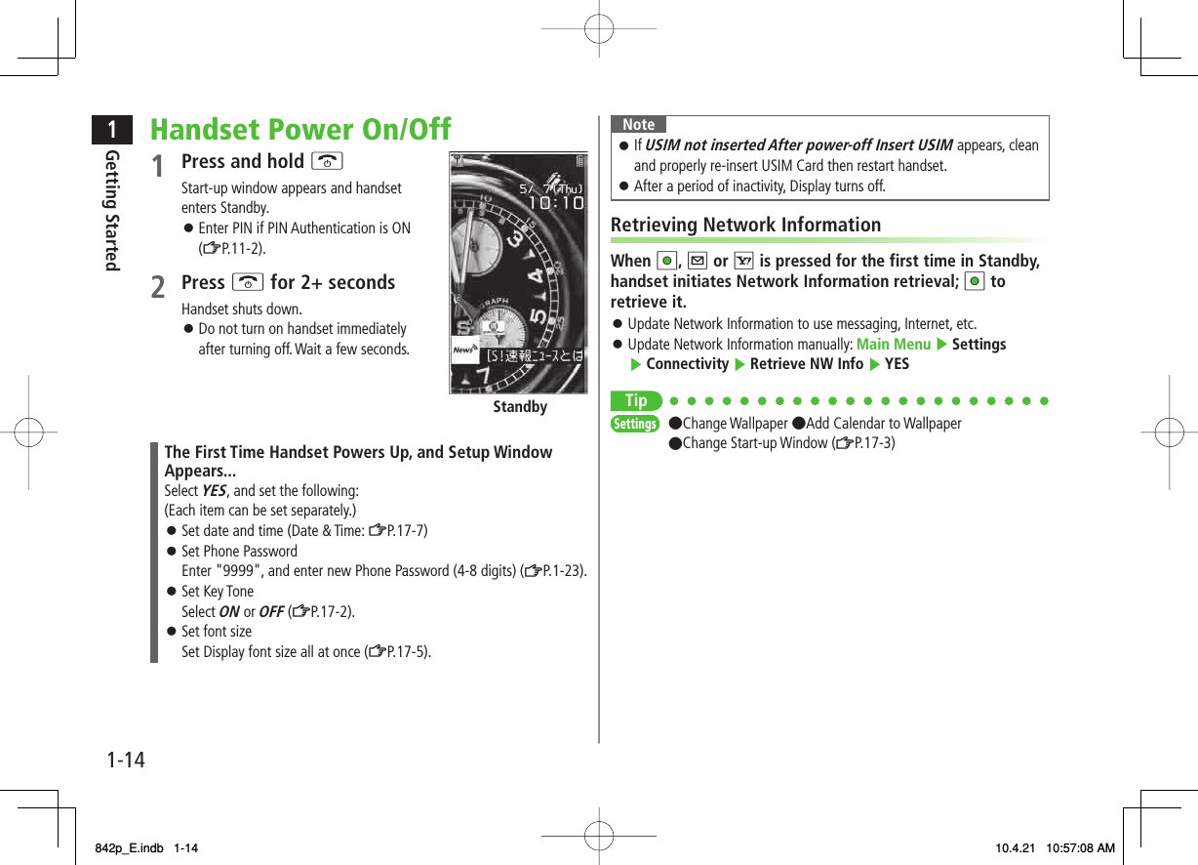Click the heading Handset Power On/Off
(300, 129)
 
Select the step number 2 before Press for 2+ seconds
(158, 287)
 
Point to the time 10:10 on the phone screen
(555, 203)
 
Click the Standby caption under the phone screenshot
(519, 407)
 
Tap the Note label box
(639, 124)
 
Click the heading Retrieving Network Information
(745, 225)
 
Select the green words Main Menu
(893, 344)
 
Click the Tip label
(635, 401)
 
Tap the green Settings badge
(635, 424)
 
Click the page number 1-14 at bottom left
(126, 759)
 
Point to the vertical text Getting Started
(112, 210)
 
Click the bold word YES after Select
(213, 490)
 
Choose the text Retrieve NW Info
(806, 364)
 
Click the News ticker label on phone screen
(464, 350)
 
